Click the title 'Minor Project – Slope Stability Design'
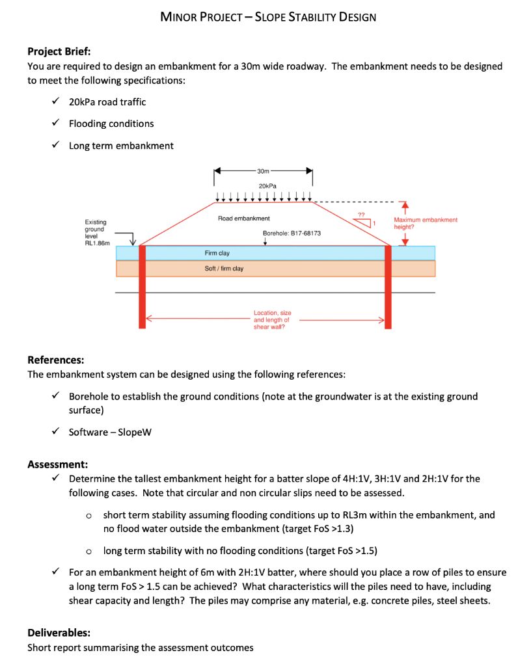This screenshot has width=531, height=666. pyautogui.click(x=267, y=17)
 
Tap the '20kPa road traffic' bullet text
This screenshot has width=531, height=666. pyautogui.click(x=107, y=101)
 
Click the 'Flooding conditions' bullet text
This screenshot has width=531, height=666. pyautogui.click(x=111, y=124)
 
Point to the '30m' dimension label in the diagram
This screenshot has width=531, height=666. pyautogui.click(x=263, y=172)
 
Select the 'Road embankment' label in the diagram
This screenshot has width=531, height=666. pyautogui.click(x=244, y=219)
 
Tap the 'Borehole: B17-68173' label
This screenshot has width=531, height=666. pyautogui.click(x=291, y=232)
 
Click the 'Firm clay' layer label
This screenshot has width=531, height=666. pyautogui.click(x=217, y=252)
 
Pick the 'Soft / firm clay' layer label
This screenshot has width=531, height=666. pyautogui.click(x=224, y=268)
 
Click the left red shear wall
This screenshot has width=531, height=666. pyautogui.click(x=142, y=286)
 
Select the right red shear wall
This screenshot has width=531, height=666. pyautogui.click(x=389, y=286)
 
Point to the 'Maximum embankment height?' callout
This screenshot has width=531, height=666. pyautogui.click(x=425, y=223)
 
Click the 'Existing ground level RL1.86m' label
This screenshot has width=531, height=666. pyautogui.click(x=97, y=232)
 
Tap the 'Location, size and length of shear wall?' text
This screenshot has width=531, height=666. pyautogui.click(x=272, y=320)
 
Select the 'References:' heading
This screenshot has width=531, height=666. pyautogui.click(x=55, y=360)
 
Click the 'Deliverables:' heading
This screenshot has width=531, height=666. pyautogui.click(x=59, y=632)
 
